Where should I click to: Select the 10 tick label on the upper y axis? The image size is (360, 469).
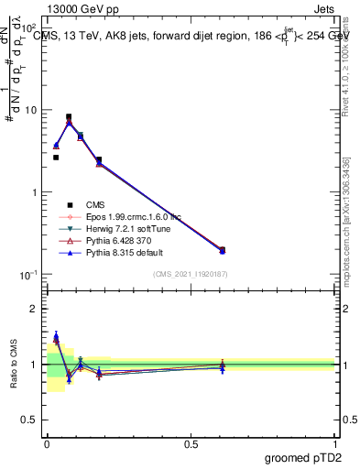point(32,110)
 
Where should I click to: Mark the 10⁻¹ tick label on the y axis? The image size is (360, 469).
point(29,275)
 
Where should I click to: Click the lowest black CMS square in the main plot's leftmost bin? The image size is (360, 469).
point(56,158)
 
